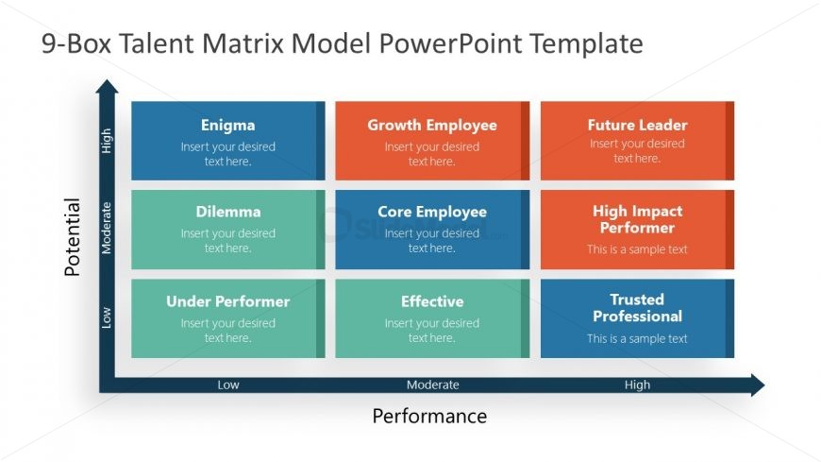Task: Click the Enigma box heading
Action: (227, 125)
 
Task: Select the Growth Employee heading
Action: (431, 125)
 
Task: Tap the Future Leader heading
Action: (637, 125)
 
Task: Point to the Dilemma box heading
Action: (227, 212)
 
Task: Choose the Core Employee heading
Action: (431, 212)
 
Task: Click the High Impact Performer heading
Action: (637, 219)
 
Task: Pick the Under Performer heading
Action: (227, 301)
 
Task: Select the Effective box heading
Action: (431, 301)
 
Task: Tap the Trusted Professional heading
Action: (637, 308)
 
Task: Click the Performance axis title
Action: (429, 417)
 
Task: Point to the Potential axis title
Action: (73, 236)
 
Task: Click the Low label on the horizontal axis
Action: (228, 385)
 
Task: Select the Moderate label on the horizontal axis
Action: (432, 385)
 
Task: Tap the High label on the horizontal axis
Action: (637, 385)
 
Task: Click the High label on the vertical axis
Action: (107, 141)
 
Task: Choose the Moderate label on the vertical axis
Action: (107, 228)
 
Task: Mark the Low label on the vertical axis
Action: (107, 317)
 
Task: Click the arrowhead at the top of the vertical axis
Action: (107, 88)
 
